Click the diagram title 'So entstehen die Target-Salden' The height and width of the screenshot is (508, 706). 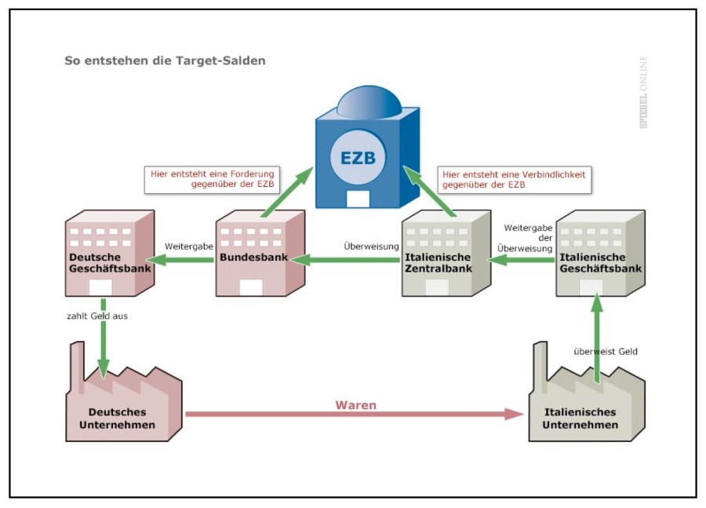[x=165, y=60]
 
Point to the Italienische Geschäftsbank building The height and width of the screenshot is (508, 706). [x=599, y=251]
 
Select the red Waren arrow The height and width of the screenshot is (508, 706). [x=353, y=415]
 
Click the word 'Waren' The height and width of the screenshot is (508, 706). [x=356, y=405]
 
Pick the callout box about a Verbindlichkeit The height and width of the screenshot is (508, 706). [x=515, y=179]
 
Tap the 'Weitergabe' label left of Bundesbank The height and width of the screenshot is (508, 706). [x=189, y=246]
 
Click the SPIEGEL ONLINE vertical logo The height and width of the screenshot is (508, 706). [x=643, y=92]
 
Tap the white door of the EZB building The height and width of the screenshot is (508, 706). [x=358, y=197]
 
